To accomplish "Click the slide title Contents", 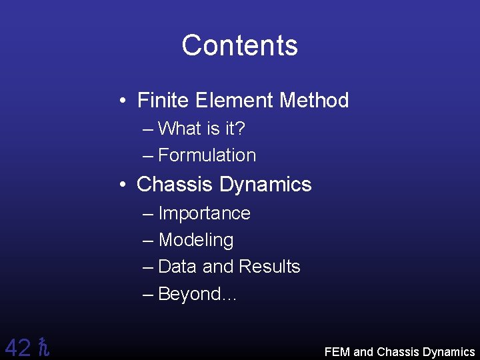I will coord(239,45).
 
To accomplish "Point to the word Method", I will coord(314,101).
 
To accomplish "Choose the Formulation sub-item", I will coord(207,155).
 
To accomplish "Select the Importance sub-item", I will coord(204,213).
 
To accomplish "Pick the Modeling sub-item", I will coord(196,240).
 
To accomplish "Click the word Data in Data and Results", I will coord(178,267).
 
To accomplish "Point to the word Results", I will coord(269,267).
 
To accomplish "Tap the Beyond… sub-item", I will coord(197,294).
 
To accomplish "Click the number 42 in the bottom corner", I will coord(17,347).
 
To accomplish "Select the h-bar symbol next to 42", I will coord(44,347).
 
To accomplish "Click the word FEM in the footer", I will coord(337,352).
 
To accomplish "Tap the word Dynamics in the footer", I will coord(448,352).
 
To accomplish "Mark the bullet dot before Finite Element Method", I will coord(124,101).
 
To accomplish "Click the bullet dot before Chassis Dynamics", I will coord(124,185).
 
